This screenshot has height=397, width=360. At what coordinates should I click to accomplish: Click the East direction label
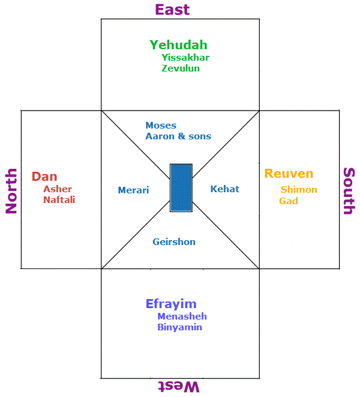(172, 10)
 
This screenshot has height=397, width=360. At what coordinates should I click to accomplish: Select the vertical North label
(11, 190)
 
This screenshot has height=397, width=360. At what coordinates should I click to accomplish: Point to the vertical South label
(349, 190)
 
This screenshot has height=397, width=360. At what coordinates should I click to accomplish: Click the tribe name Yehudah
(178, 45)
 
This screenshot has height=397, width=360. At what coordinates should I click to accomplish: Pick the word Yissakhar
(185, 58)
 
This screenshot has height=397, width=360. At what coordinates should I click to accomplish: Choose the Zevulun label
(181, 68)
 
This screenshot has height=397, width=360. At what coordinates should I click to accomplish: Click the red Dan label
(44, 177)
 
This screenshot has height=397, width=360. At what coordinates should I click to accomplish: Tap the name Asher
(58, 189)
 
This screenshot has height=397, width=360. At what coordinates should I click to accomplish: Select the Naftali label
(59, 200)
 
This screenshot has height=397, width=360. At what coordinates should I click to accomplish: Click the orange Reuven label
(289, 174)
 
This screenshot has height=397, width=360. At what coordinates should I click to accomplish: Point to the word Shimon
(299, 190)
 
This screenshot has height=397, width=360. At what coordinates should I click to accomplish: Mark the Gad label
(289, 201)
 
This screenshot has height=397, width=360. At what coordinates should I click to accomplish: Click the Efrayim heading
(171, 304)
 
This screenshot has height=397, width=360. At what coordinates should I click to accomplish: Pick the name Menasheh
(182, 317)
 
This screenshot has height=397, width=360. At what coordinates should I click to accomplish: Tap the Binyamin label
(179, 327)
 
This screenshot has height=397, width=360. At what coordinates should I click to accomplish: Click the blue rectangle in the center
(181, 187)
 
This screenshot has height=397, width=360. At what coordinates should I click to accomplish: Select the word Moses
(161, 126)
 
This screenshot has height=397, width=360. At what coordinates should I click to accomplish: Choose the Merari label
(133, 190)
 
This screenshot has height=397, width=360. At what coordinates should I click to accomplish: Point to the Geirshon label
(174, 242)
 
